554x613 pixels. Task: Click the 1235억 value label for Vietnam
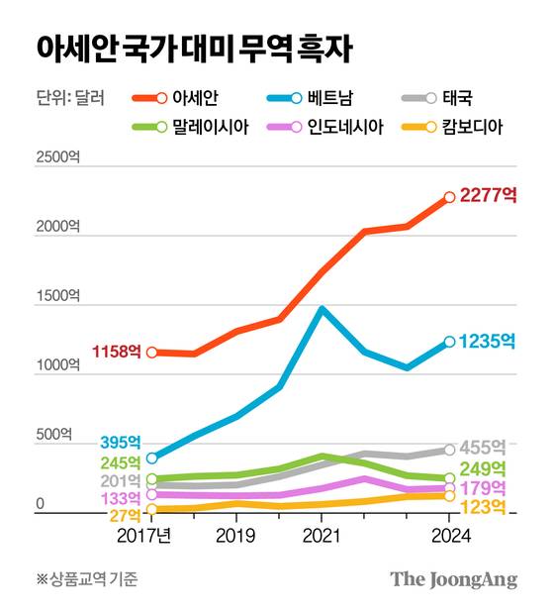488,341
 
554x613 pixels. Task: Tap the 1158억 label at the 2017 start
117,352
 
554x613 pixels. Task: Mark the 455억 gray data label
484,447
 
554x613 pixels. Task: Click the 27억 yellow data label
124,515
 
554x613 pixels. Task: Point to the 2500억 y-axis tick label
57,157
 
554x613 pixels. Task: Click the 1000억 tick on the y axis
57,365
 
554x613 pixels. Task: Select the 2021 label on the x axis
323,536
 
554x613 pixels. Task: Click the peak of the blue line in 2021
323,309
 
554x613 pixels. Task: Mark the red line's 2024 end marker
449,197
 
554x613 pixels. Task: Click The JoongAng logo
453,579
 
